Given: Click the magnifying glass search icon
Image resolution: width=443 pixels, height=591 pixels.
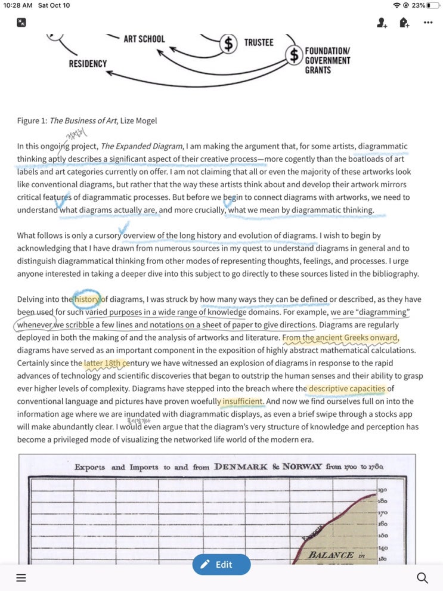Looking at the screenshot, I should click(422, 577).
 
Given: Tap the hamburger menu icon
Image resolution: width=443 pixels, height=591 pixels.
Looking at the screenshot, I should click(21, 577).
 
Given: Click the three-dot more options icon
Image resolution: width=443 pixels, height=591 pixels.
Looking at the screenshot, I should click(427, 23).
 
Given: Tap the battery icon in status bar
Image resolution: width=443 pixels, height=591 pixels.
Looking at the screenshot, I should click(432, 5).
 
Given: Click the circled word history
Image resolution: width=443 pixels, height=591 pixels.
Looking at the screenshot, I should click(87, 299).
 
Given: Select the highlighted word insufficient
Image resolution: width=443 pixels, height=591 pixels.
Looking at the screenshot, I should click(242, 401).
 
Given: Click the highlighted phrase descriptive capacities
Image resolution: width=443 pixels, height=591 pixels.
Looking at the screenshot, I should click(346, 389).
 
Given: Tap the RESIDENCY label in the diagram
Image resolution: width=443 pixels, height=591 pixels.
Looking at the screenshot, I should click(88, 63).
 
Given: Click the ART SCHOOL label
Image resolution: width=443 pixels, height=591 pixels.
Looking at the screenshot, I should click(144, 39).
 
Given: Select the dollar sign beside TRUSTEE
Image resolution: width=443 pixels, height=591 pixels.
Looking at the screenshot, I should click(228, 43).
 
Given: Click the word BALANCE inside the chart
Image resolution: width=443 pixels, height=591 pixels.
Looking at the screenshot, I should click(332, 555).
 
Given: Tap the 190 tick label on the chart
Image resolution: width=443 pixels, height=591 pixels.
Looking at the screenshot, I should click(383, 490).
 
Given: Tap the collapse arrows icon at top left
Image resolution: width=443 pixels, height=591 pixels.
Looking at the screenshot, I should click(21, 23).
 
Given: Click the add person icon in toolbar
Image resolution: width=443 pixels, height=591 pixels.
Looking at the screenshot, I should click(382, 23).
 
